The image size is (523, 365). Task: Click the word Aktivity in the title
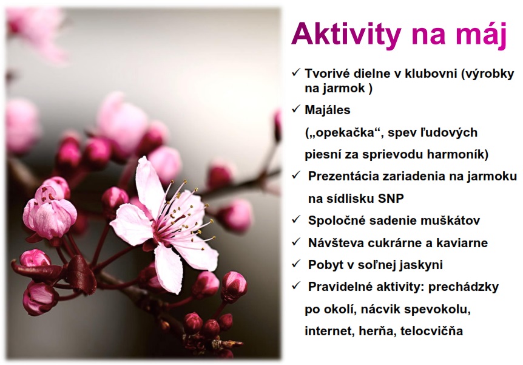pos(346,35)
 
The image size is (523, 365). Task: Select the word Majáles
pos(328,111)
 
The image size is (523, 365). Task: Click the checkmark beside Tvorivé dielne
pos(296,72)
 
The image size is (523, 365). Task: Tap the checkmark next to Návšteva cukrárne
pos(296,242)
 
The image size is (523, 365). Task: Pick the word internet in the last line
pos(329,331)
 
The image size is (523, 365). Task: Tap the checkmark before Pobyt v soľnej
pos(296,264)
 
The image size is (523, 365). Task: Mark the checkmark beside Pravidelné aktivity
pos(296,285)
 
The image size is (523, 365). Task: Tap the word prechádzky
pos(464,287)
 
